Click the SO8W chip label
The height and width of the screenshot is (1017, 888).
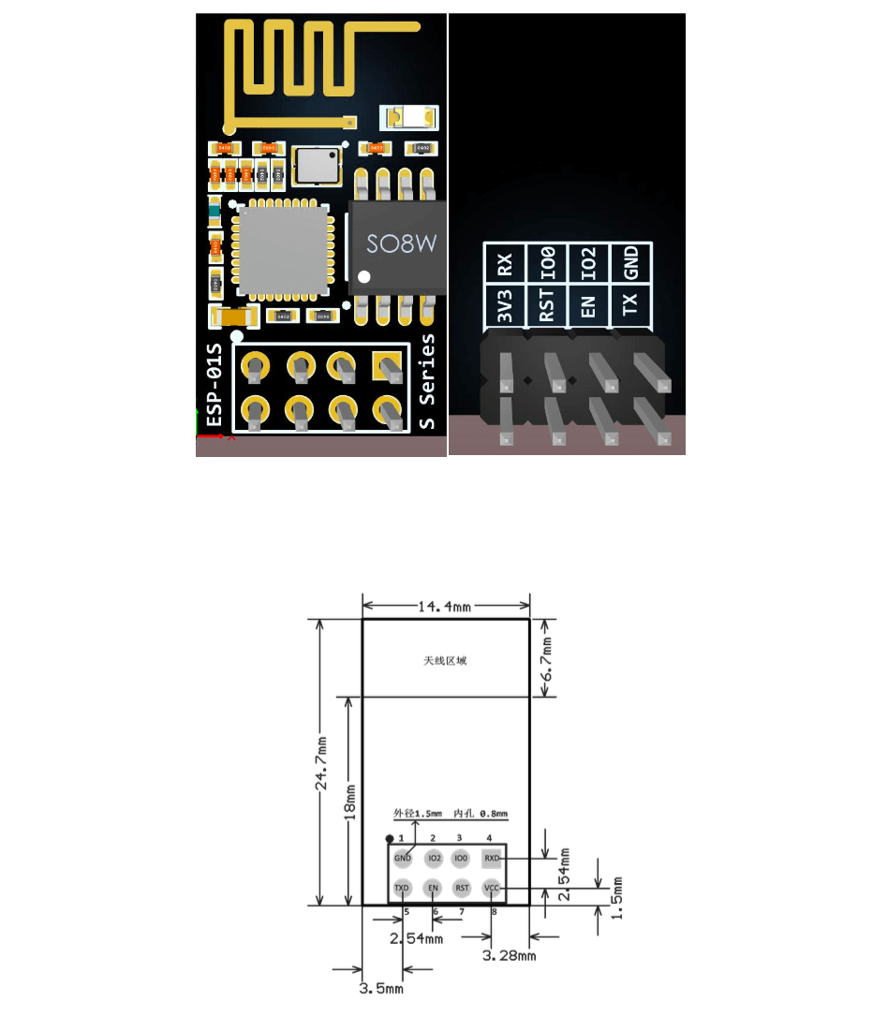click(401, 245)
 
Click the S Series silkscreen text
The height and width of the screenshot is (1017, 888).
click(427, 381)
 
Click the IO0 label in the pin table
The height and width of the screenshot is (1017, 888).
click(548, 264)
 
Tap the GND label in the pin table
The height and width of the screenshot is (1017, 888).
click(631, 262)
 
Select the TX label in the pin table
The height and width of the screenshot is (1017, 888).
click(631, 303)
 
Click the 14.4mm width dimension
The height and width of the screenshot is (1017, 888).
click(445, 606)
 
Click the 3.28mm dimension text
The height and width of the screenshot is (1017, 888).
click(508, 955)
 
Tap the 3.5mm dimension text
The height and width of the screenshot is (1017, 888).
click(381, 987)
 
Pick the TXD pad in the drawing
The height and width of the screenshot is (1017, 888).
click(403, 887)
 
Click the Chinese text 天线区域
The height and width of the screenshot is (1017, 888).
click(445, 660)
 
